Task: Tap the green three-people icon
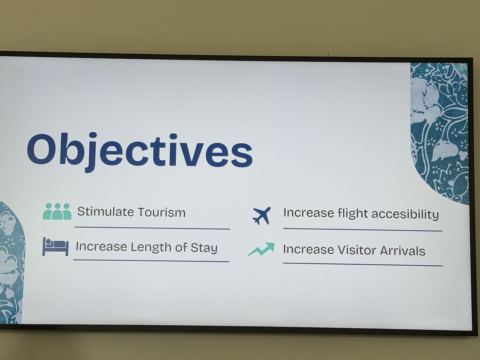(57, 211)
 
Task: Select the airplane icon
(261, 215)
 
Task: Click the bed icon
(55, 246)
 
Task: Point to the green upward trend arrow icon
(261, 249)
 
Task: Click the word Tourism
(162, 212)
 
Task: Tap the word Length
(151, 247)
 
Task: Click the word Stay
(204, 248)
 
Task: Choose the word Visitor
(357, 250)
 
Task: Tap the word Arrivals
(403, 251)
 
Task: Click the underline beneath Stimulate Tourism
(152, 228)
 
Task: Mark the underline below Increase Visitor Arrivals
(363, 265)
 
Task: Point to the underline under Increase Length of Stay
(151, 261)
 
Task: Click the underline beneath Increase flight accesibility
(363, 229)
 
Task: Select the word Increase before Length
(101, 246)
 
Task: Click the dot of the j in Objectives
(93, 135)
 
